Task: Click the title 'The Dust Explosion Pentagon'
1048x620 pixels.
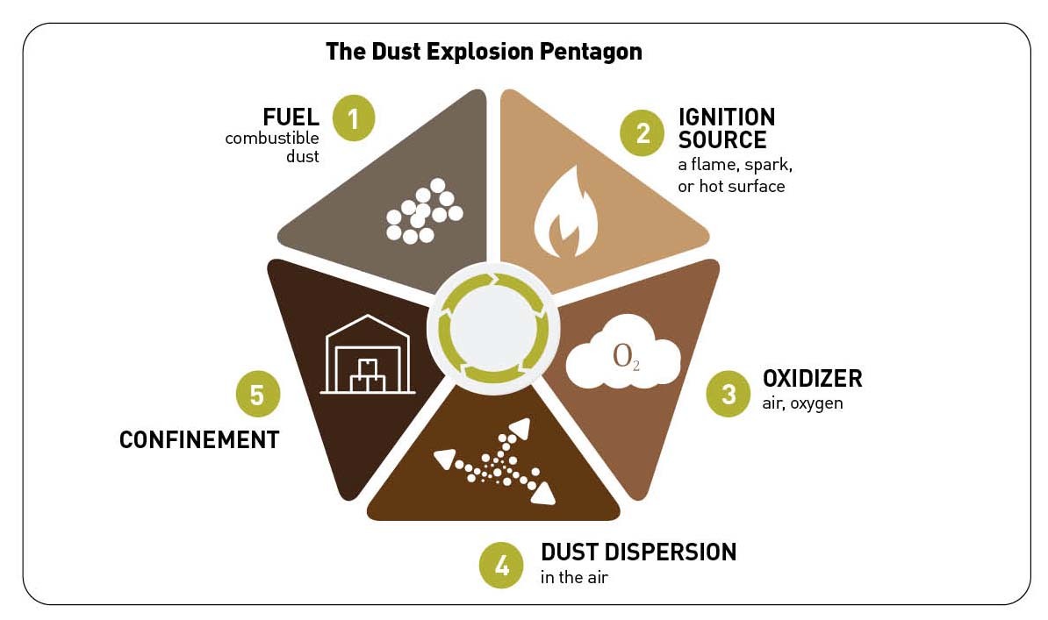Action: tap(484, 52)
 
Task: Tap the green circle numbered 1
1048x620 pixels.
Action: tap(353, 118)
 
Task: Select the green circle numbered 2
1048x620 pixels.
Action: tap(642, 133)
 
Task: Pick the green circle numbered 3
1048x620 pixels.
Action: tap(729, 395)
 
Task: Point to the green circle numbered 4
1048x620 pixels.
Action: tap(501, 565)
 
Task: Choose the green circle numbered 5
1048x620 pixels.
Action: tap(257, 395)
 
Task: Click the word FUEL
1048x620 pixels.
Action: tap(291, 118)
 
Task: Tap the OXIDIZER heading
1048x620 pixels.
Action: tap(812, 379)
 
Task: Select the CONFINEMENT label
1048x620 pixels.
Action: tap(199, 439)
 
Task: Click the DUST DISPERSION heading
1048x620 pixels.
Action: tap(638, 552)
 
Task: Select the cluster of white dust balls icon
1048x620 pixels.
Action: tap(425, 211)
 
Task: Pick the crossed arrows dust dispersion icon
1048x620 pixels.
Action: tap(497, 462)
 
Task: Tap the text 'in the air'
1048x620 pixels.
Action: tap(574, 578)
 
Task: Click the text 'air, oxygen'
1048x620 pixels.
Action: tap(802, 404)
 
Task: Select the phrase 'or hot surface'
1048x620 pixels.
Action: tap(731, 187)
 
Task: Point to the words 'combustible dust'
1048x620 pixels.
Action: tap(272, 147)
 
